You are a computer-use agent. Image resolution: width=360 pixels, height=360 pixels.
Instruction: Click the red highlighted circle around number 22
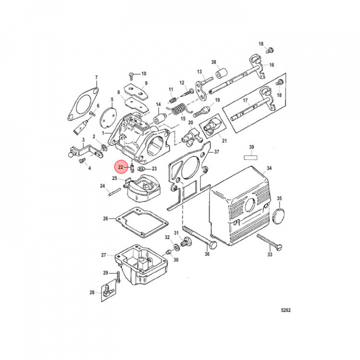[x=120, y=167]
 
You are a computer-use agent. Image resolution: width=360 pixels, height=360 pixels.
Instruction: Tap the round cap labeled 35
[x=281, y=216]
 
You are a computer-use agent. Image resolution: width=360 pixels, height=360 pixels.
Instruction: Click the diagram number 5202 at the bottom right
[x=285, y=310]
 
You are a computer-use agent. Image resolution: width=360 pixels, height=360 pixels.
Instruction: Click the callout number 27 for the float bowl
[x=103, y=255]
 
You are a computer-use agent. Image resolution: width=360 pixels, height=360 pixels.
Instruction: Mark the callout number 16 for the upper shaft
[x=271, y=65]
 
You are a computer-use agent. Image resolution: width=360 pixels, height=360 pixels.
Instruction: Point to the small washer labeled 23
[x=141, y=169]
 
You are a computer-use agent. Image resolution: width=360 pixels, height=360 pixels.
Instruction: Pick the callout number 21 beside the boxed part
[x=224, y=141]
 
